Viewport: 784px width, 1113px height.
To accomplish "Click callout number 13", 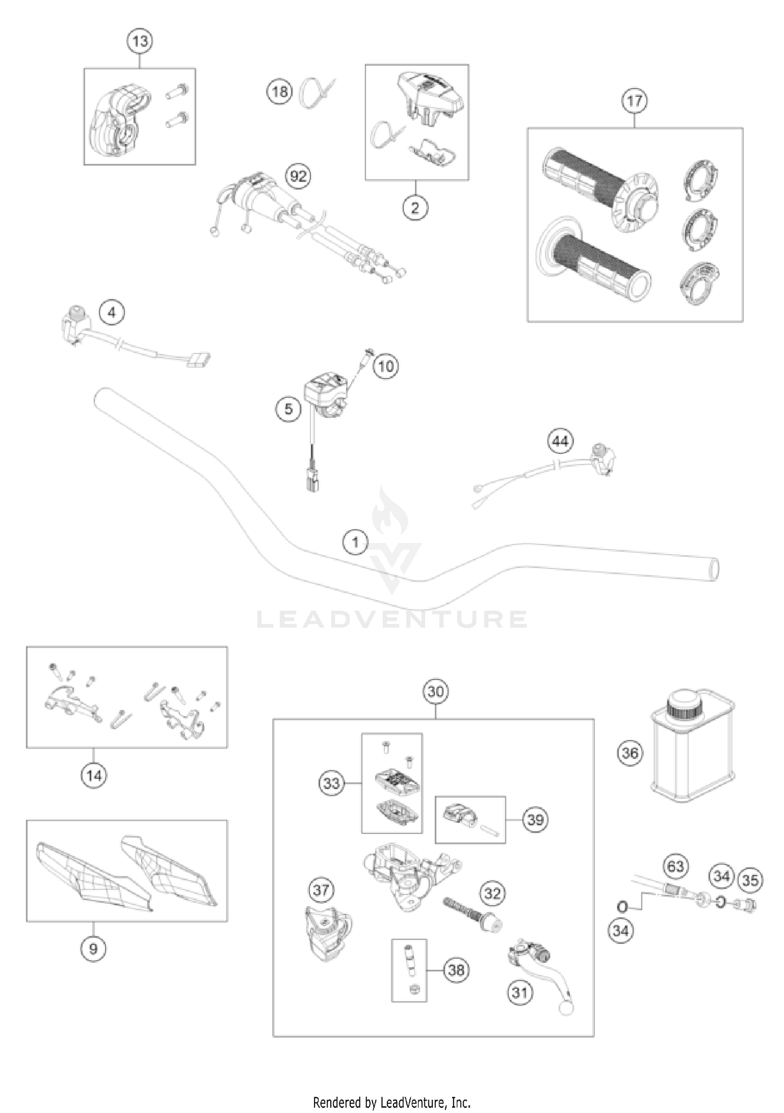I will pos(140,41).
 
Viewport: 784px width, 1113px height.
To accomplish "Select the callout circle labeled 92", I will pos(298,177).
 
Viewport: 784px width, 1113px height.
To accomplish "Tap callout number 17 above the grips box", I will pos(635,100).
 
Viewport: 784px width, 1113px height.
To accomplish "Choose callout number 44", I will pos(560,441).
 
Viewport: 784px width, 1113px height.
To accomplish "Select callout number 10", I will pos(386,366).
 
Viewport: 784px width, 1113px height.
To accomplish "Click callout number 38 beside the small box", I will pos(456,970).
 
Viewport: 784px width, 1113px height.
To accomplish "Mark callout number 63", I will pos(675,866).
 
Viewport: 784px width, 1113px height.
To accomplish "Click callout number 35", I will pos(750,880).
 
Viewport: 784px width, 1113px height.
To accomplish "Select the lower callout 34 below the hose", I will pos(621,930).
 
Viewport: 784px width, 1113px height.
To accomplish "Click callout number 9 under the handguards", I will pos(94,948).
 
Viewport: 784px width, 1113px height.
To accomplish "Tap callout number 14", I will pos(94,776).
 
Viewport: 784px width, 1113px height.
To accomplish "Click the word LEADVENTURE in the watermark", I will pos(392,619).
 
